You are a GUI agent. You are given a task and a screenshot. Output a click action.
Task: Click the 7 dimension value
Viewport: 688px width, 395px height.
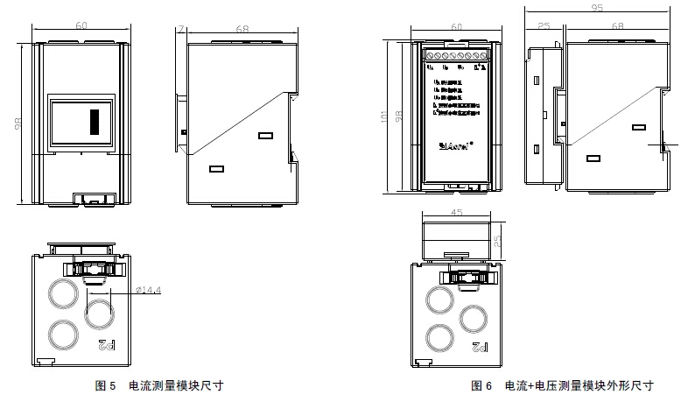(180, 29)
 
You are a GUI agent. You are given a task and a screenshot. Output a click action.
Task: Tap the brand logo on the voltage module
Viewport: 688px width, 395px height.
(456, 146)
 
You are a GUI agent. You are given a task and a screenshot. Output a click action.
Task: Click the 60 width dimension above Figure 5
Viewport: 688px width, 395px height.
(81, 26)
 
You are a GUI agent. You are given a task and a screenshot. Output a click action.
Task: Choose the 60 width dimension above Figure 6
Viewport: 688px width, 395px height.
(455, 27)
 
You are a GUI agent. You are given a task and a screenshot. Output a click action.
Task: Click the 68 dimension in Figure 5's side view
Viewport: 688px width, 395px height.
(242, 29)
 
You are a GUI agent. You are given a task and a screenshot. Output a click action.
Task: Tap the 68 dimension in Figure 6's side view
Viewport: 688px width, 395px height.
(618, 27)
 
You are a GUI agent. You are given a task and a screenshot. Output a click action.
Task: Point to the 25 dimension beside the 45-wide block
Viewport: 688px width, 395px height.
(496, 240)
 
